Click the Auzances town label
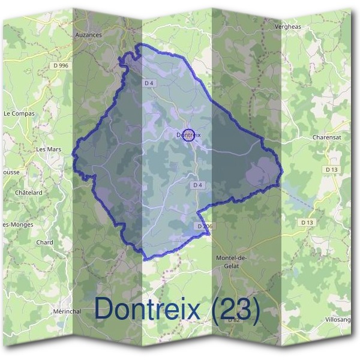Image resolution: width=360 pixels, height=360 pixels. click(x=88, y=35)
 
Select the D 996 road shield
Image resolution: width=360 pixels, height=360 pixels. click(x=60, y=65)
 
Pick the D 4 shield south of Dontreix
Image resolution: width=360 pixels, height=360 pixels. click(x=197, y=185)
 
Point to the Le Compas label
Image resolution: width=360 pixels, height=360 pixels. click(x=19, y=113)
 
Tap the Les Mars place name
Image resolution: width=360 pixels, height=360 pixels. click(x=49, y=149)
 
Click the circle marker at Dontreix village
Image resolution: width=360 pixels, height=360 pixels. click(x=188, y=136)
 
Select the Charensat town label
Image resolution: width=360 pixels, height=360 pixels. click(x=328, y=137)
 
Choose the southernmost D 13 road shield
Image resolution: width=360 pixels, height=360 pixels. click(x=307, y=223)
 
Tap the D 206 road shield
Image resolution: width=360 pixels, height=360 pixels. click(x=205, y=226)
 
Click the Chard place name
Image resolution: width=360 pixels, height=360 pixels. click(x=45, y=242)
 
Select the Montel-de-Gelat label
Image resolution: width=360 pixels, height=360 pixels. click(x=231, y=262)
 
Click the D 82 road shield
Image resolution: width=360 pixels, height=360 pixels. click(x=234, y=320)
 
